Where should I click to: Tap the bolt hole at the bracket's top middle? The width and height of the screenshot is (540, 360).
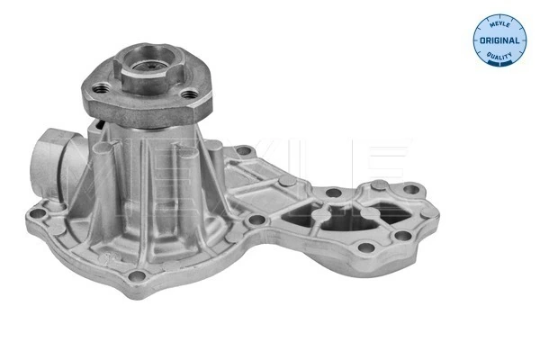tap(331, 191)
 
